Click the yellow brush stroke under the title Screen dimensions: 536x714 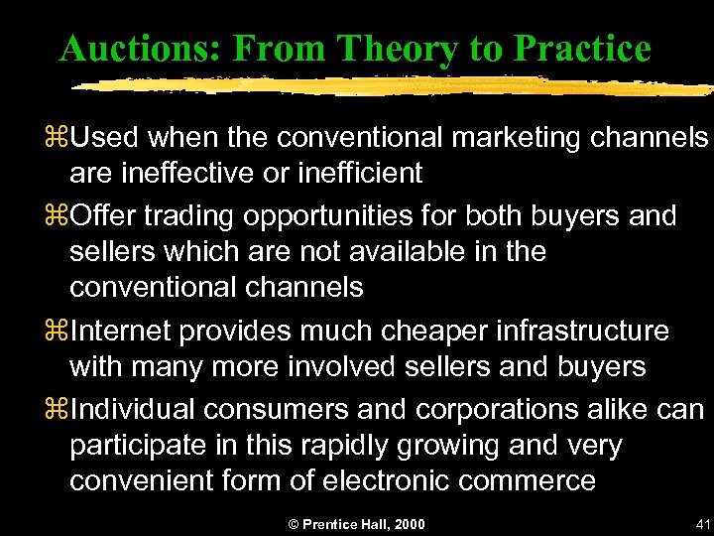pyautogui.click(x=387, y=86)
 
